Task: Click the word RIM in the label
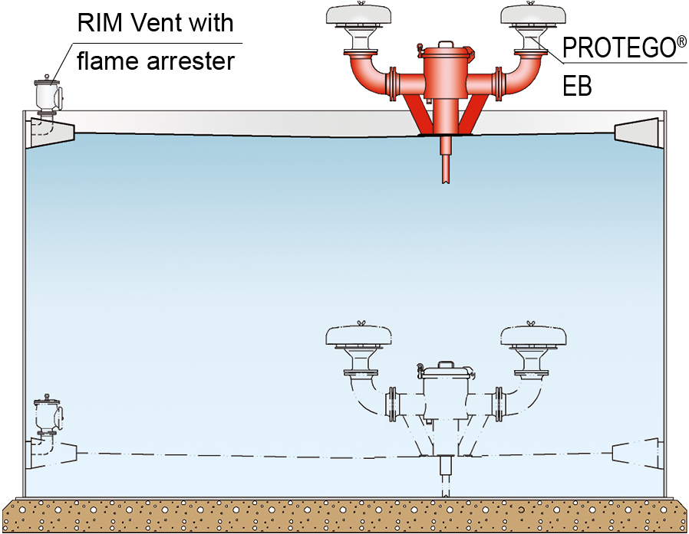coord(95,22)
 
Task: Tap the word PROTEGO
coord(618,48)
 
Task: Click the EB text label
coord(578,87)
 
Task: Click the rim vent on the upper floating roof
coord(48,97)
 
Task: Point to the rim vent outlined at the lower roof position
coord(48,416)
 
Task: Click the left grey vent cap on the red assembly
coord(359,13)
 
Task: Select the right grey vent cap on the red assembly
coord(533,13)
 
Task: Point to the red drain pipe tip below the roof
coord(446,180)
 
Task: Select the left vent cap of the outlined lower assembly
coord(358,336)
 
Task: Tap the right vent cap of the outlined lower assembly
coord(533,336)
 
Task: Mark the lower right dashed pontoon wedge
coord(637,452)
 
